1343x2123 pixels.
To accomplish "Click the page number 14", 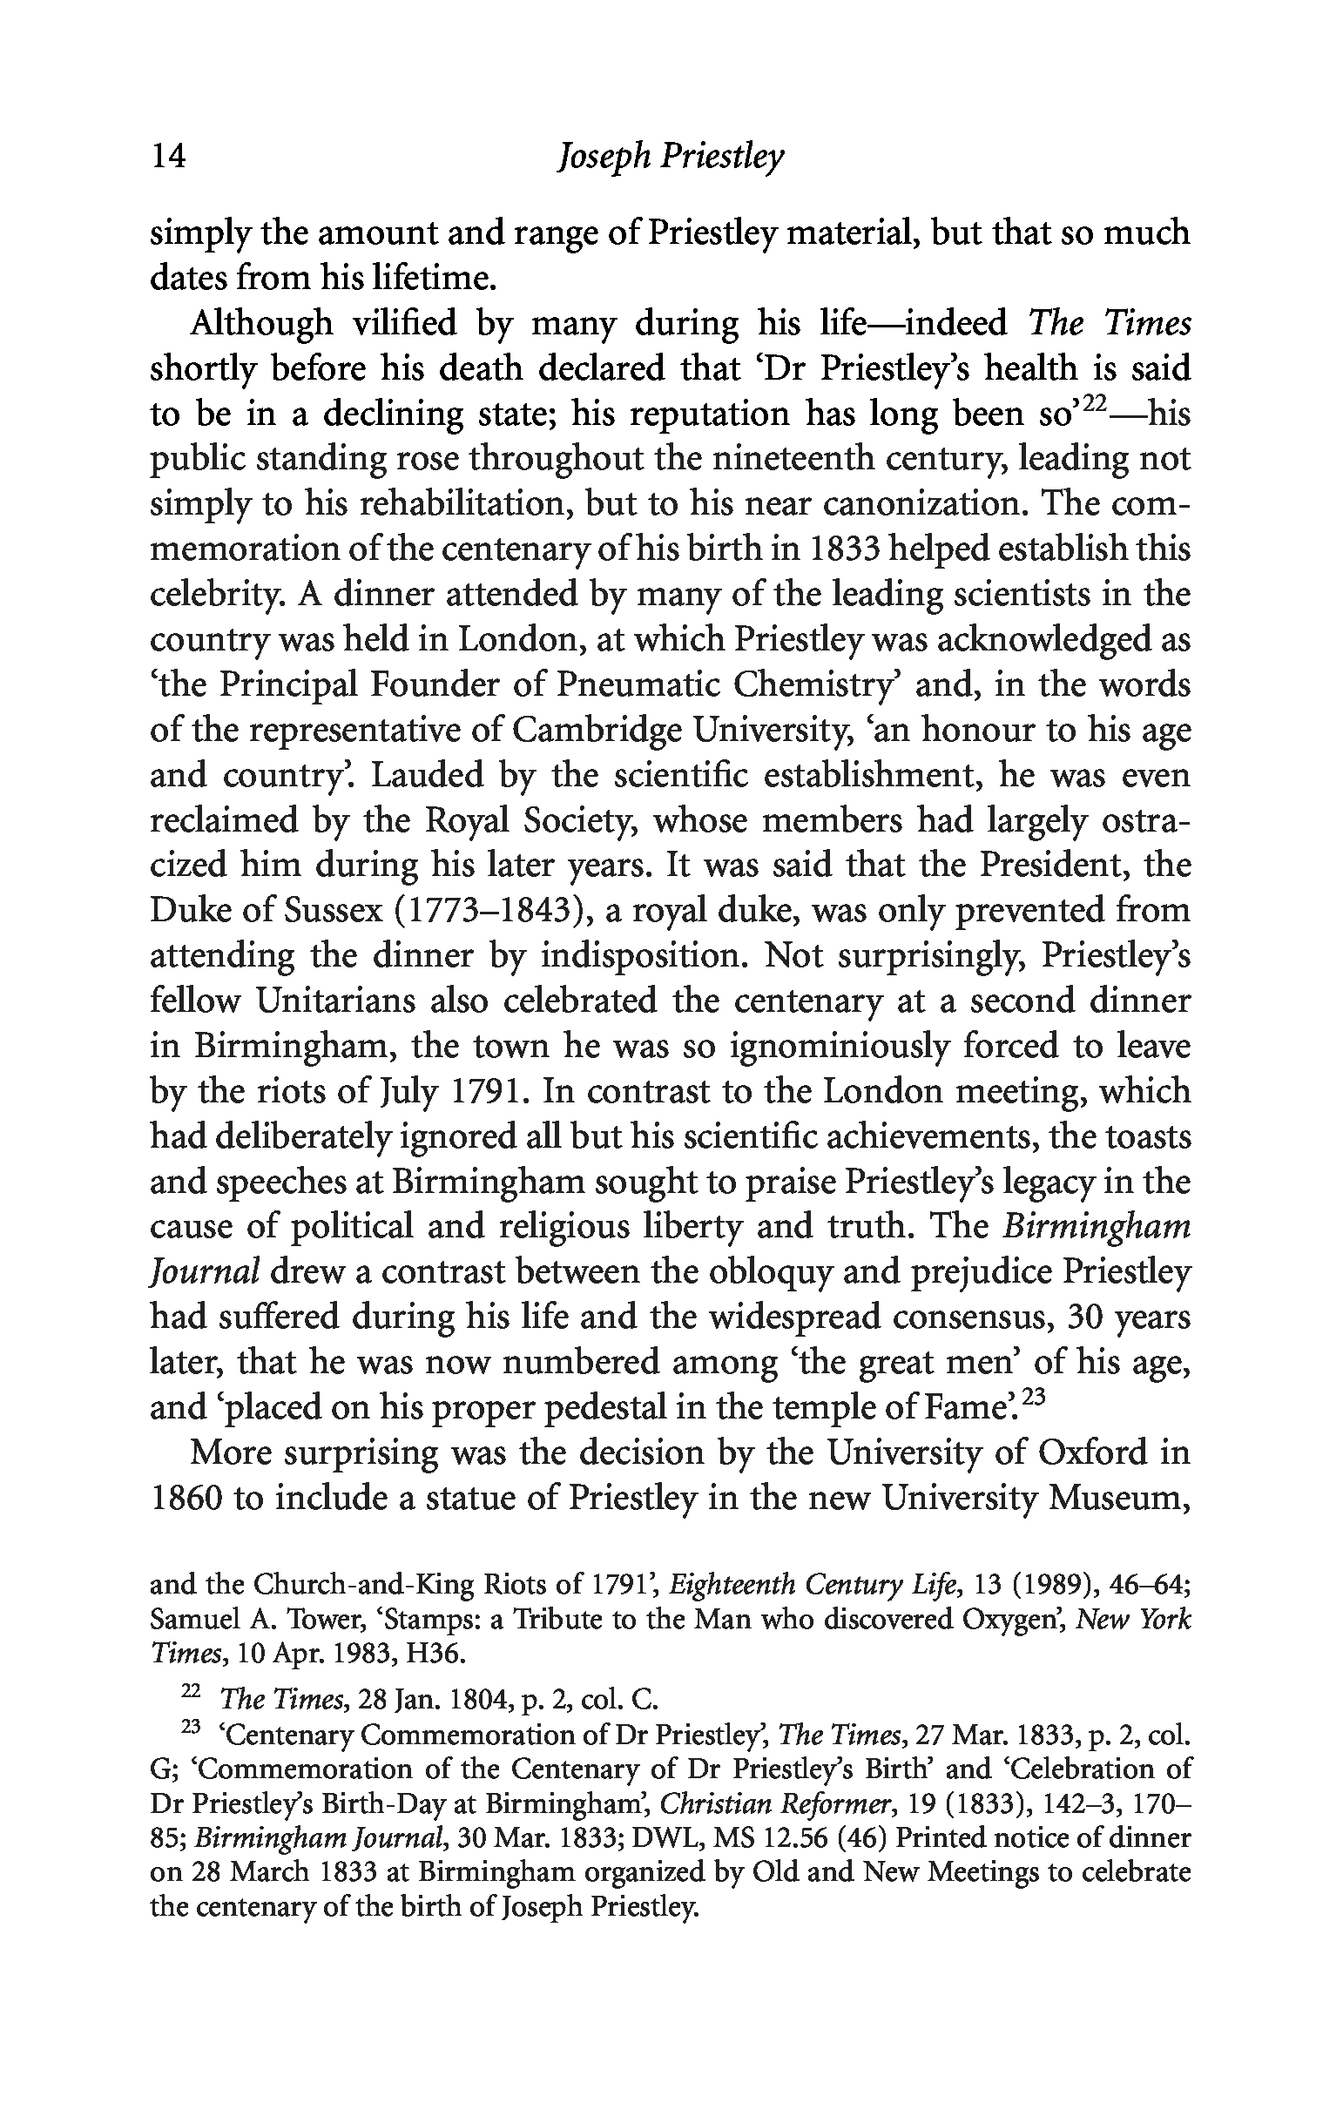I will click(x=168, y=158).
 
